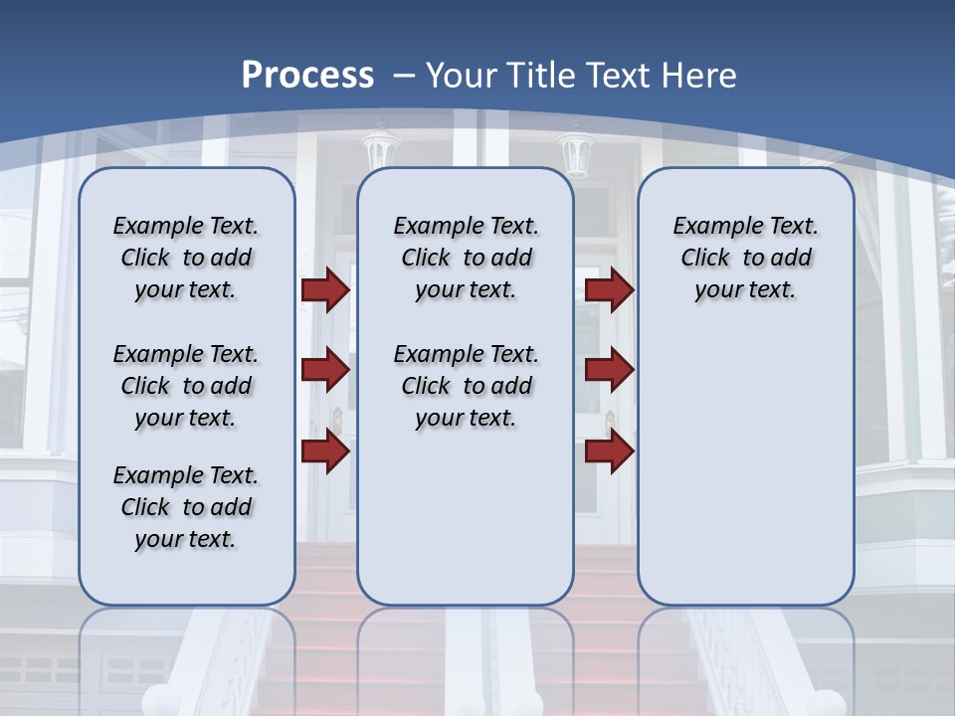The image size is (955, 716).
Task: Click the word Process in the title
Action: pyautogui.click(x=307, y=76)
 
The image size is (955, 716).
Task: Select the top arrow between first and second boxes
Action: pyautogui.click(x=324, y=289)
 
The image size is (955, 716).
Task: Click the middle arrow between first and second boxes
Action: pyautogui.click(x=324, y=371)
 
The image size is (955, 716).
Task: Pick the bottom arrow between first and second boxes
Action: pyautogui.click(x=324, y=450)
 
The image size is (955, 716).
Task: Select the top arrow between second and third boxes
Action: pyautogui.click(x=609, y=289)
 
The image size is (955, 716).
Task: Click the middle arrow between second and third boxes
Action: pyautogui.click(x=609, y=371)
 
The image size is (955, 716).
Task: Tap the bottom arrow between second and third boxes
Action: pyautogui.click(x=609, y=450)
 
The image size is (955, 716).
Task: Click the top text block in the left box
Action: pyautogui.click(x=186, y=258)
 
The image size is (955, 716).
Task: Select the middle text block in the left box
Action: pyautogui.click(x=186, y=386)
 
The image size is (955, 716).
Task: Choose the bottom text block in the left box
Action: pyautogui.click(x=186, y=507)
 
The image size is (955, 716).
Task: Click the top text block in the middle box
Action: pyautogui.click(x=466, y=258)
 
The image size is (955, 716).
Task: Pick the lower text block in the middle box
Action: pyautogui.click(x=466, y=386)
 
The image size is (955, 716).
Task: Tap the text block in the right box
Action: pyautogui.click(x=745, y=258)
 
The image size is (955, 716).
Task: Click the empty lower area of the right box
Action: pyautogui.click(x=745, y=467)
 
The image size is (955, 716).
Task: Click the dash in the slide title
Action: pyautogui.click(x=404, y=76)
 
